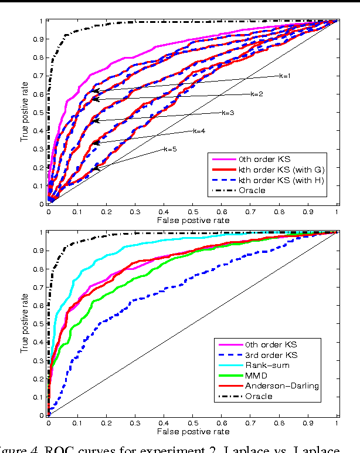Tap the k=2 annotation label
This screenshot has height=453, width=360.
[256, 94]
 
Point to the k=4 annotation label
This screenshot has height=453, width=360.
[198, 130]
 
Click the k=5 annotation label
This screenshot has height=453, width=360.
[169, 149]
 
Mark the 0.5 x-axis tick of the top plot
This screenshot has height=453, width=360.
[192, 210]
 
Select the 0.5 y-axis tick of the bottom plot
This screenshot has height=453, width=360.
[40, 323]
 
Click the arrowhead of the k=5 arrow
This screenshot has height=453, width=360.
[94, 170]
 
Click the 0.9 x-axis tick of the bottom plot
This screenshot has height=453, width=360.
[308, 421]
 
